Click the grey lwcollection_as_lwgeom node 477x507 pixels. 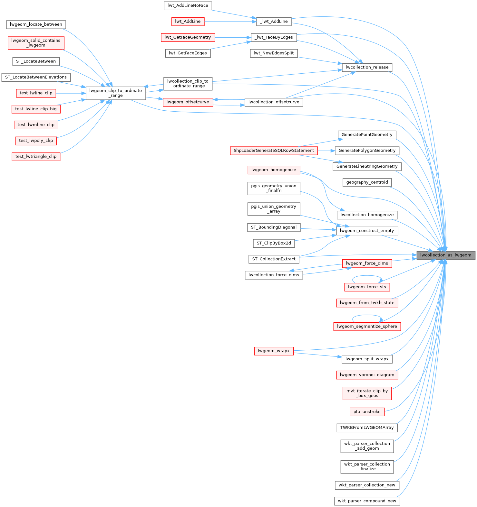pos(446,255)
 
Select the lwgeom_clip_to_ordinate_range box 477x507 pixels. pos(115,93)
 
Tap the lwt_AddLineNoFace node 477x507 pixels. pos(188,5)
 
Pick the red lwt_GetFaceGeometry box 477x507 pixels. pos(188,37)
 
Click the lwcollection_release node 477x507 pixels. pos(367,67)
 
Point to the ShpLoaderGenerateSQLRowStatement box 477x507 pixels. pos(274,151)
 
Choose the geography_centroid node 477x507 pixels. pos(367,182)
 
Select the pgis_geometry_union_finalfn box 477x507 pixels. pos(274,188)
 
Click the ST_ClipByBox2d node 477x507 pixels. pos(274,243)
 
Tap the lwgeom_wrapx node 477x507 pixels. pos(274,351)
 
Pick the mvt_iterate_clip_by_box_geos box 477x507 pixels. pos(367,393)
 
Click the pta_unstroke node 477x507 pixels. pos(367,412)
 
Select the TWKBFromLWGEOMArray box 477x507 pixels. pos(367,428)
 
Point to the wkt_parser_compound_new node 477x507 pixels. pos(367,501)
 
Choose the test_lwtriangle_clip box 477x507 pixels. pos(36,157)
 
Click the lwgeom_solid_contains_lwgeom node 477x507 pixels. pos(36,43)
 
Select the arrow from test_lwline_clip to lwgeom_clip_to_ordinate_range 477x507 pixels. pos(71,93)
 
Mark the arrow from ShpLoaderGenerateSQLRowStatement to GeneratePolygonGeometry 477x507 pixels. pos(326,151)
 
